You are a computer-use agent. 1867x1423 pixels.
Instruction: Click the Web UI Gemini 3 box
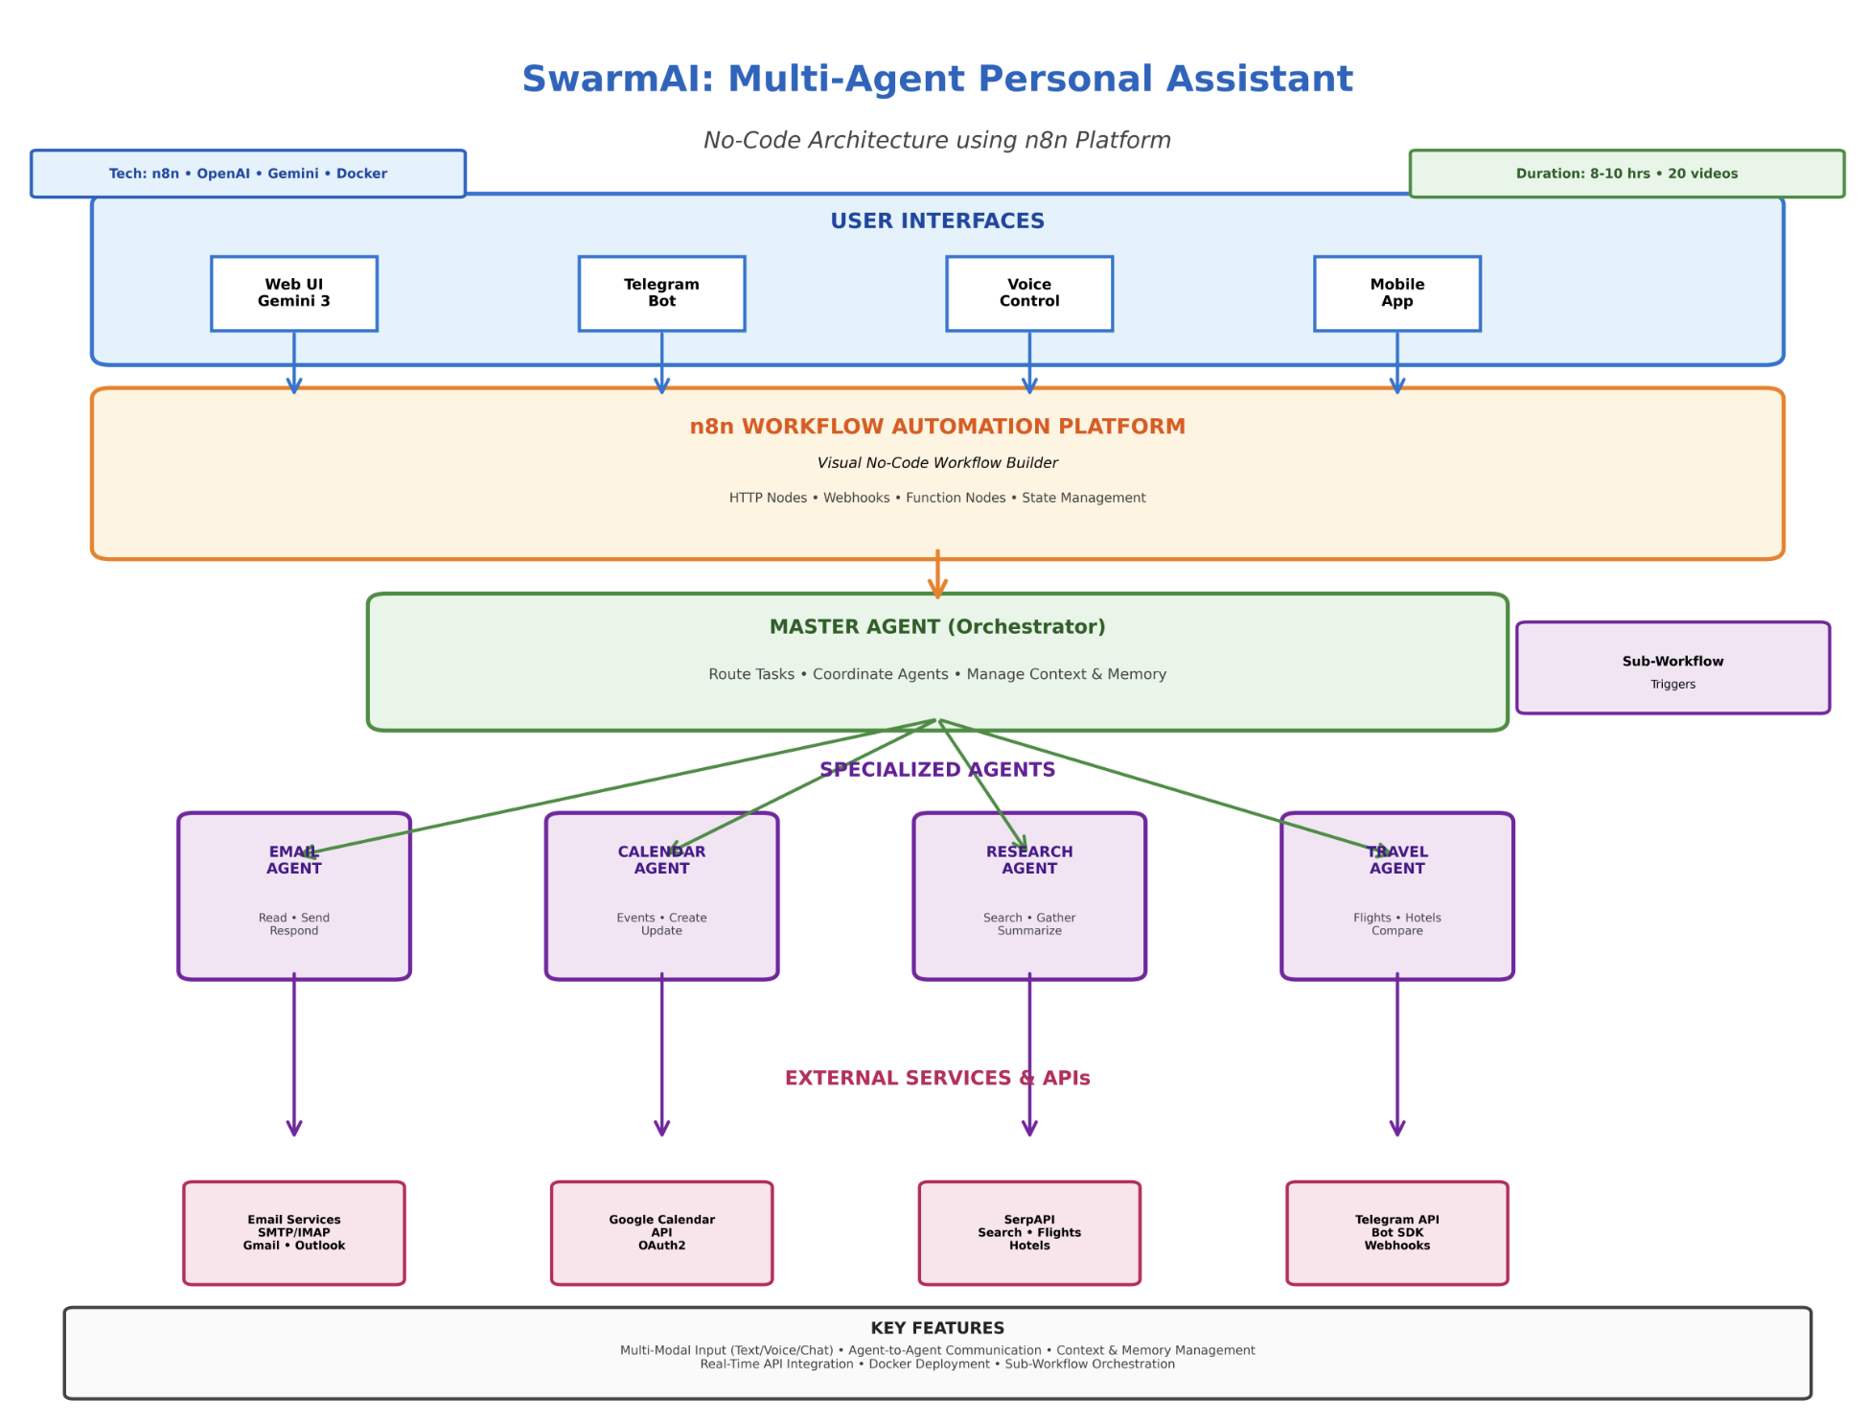[293, 293]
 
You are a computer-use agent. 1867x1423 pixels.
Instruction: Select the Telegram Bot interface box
[661, 293]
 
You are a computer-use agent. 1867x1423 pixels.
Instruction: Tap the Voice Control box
[1029, 293]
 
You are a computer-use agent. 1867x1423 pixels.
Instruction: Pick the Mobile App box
[1396, 293]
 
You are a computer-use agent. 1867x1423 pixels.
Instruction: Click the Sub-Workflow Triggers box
[1672, 668]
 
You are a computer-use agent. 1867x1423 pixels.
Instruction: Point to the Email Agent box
[293, 901]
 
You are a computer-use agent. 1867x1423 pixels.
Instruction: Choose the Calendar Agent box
[661, 901]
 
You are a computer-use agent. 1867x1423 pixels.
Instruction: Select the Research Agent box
[1029, 901]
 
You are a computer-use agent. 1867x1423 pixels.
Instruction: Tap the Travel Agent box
[1396, 901]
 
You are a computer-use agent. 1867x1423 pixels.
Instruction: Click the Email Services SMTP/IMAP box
[293, 1233]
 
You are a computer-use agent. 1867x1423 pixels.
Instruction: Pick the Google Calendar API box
[661, 1233]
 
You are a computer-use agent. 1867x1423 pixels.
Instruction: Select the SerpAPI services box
[1029, 1233]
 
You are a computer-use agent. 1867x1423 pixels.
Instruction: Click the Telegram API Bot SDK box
[1396, 1233]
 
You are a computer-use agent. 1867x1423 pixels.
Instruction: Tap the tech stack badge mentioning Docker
[247, 174]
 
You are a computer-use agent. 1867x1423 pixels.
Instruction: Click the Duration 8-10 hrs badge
[1626, 174]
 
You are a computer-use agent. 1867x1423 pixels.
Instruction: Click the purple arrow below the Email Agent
[294, 1055]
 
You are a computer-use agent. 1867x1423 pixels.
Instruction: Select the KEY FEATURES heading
[937, 1328]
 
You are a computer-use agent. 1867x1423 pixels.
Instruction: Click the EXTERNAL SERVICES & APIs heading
[937, 1079]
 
